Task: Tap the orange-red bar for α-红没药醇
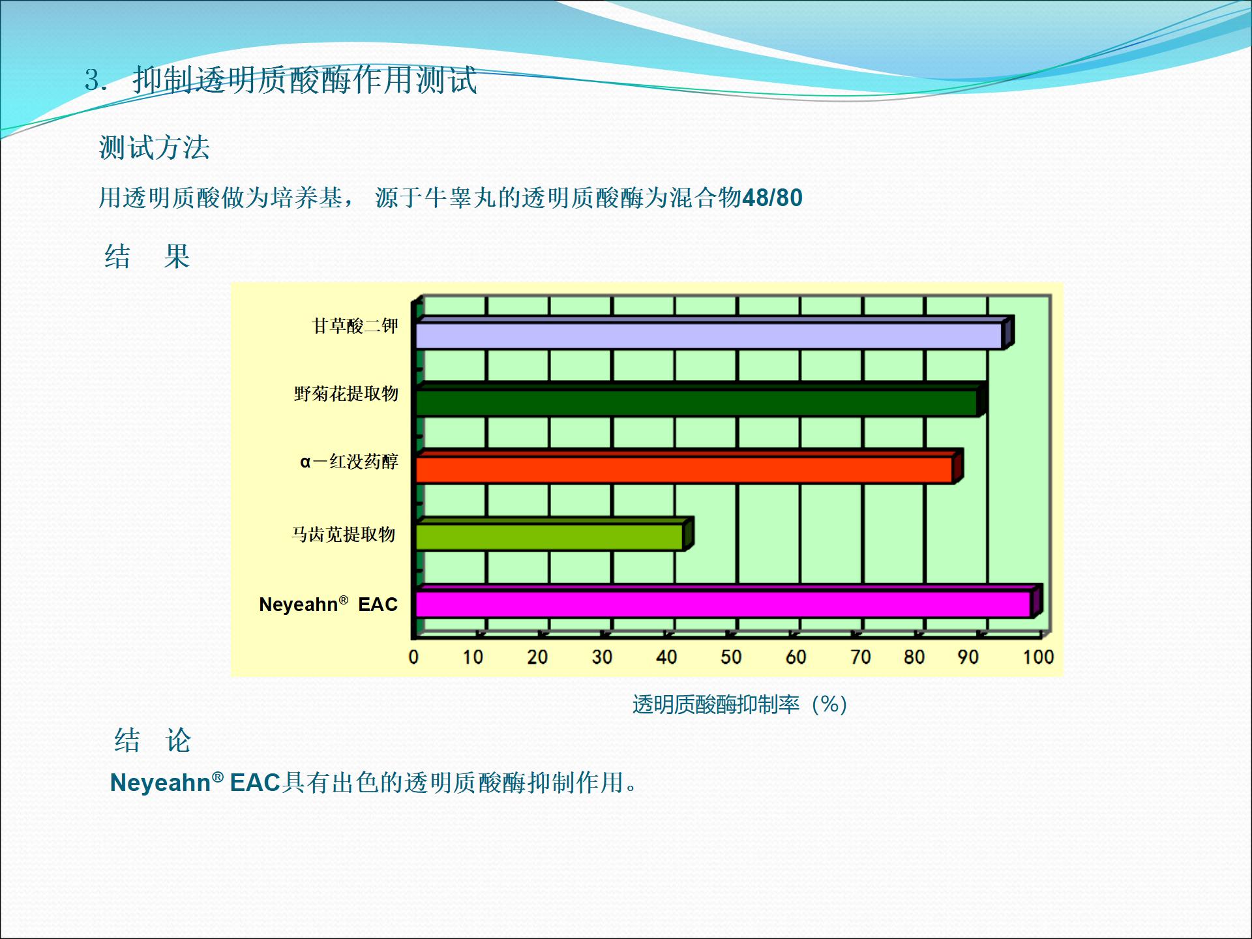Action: [689, 467]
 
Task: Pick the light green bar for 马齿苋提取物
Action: [554, 535]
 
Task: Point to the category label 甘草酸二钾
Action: [355, 325]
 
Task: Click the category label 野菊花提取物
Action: [346, 393]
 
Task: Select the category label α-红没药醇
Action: [349, 462]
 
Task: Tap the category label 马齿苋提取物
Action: [344, 534]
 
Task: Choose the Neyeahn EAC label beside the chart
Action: [328, 604]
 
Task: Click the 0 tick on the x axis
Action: [413, 657]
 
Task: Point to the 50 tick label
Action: [731, 657]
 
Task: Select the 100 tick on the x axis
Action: [1038, 657]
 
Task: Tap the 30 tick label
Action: [602, 657]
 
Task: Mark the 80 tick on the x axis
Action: [914, 657]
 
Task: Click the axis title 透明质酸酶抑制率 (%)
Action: [739, 704]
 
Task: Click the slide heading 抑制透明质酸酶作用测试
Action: [305, 80]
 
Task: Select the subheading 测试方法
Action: [155, 147]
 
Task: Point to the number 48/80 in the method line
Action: [772, 198]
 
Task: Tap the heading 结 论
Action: [153, 740]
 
